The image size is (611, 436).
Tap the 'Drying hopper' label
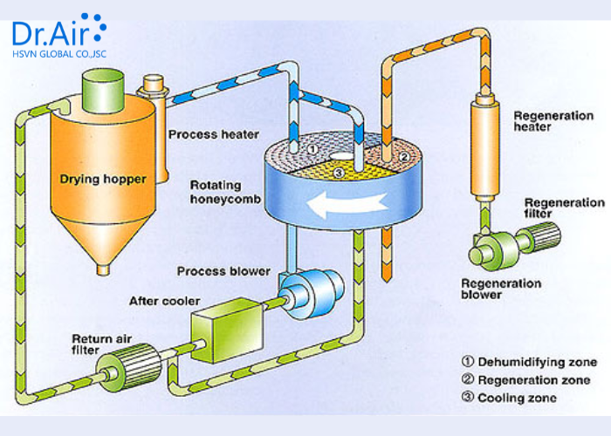(x=103, y=179)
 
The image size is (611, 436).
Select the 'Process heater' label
(x=214, y=134)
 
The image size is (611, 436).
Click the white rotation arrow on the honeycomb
(x=346, y=203)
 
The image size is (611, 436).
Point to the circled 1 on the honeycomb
(x=312, y=149)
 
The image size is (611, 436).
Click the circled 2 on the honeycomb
(x=404, y=157)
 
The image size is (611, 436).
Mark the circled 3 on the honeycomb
(x=339, y=172)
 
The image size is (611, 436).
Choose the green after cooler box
(x=227, y=330)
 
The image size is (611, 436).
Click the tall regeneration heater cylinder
(x=484, y=148)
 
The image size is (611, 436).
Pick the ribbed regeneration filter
(x=539, y=236)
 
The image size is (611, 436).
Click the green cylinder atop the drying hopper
(x=103, y=91)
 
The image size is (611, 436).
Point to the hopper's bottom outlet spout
(x=103, y=269)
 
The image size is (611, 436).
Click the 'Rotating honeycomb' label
(x=225, y=192)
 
